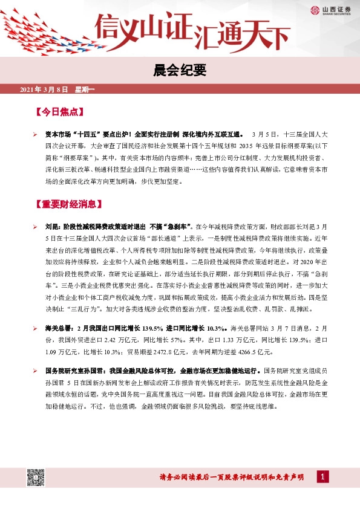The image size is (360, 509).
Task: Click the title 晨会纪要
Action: click(x=180, y=71)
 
